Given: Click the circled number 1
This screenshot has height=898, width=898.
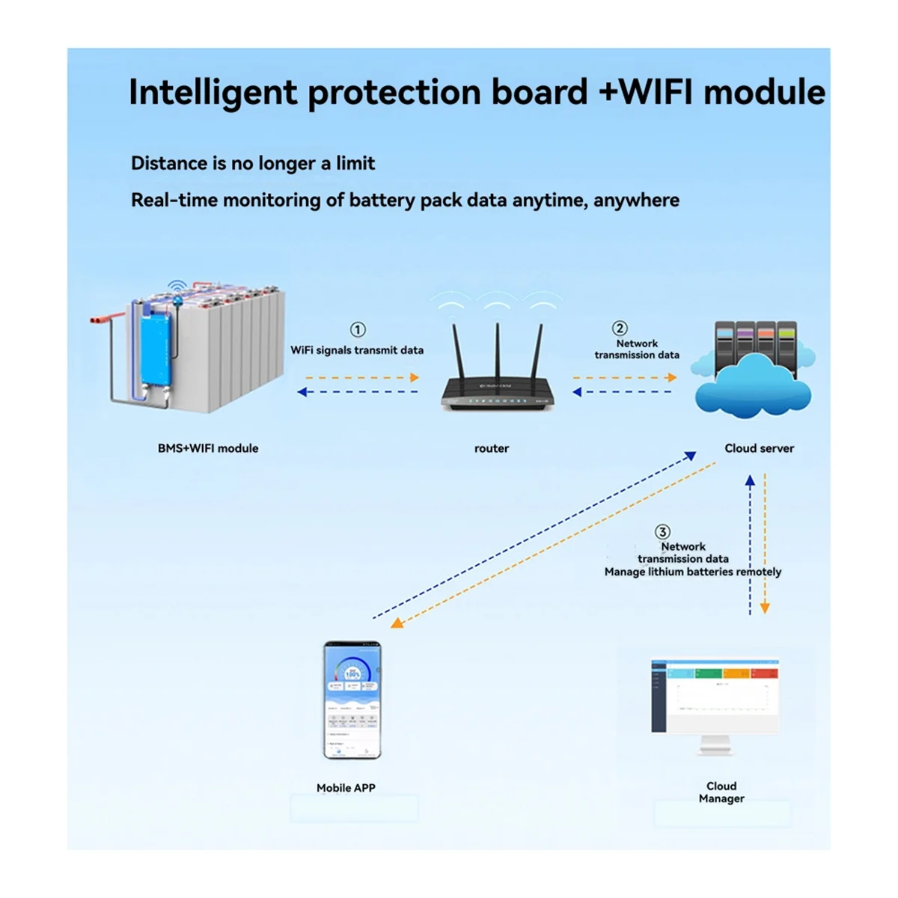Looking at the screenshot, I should point(358,330).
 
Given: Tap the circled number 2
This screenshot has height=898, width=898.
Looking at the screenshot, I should point(620,329).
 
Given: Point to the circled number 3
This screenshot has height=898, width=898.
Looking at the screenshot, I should point(662,532).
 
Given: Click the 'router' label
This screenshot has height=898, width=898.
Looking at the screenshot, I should point(492,448).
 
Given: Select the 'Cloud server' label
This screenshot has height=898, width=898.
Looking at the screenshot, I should point(759,448).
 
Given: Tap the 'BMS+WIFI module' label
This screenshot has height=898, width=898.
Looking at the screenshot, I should point(208,448).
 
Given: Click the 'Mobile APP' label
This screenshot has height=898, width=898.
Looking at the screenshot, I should point(346,788).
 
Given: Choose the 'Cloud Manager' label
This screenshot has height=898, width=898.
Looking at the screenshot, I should point(721,792).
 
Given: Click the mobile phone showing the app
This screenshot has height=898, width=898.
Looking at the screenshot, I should point(352,700).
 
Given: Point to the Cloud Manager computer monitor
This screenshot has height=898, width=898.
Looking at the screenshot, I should point(715,696).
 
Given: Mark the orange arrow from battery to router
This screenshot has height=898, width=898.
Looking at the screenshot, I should point(359,377).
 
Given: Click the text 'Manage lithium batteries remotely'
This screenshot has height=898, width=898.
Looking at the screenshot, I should point(693,572).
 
